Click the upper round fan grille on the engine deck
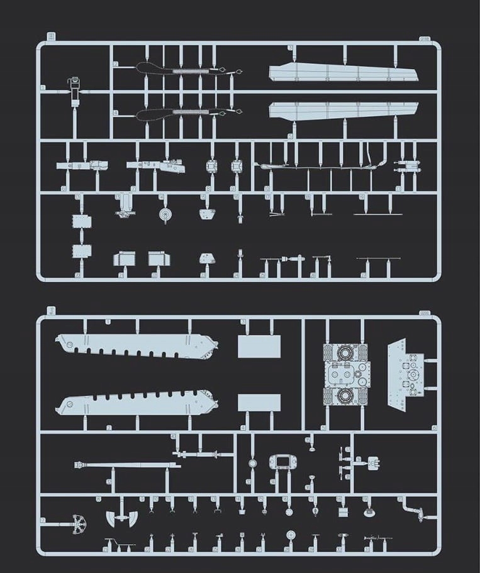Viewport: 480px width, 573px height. [344, 352]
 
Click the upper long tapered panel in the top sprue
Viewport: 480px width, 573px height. [343, 72]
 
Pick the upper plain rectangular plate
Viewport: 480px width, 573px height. [259, 346]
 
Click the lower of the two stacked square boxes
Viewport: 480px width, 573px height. [82, 250]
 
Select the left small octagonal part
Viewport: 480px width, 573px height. [212, 166]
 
